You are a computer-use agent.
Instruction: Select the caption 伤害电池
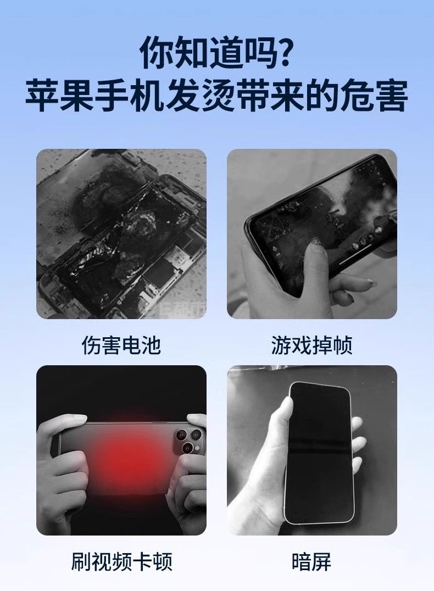coord(121,345)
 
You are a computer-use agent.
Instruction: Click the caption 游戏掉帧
coord(312,345)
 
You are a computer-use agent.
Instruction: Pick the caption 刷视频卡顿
coord(121,561)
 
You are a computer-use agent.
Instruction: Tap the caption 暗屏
coord(311,561)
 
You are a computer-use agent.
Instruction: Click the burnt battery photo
coord(121,233)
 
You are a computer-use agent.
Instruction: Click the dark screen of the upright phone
coord(321,451)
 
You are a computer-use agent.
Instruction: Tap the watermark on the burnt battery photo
coord(176,311)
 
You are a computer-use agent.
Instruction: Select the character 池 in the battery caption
coord(152,345)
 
